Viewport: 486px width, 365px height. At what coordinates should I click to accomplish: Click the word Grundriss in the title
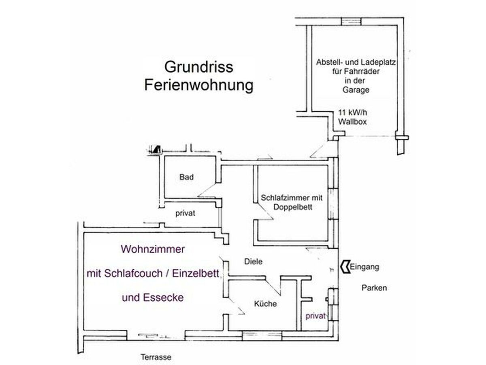tap(199, 67)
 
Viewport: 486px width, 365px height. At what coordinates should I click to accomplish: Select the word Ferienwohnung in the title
tap(199, 86)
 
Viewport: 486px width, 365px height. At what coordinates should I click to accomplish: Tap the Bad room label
tap(187, 177)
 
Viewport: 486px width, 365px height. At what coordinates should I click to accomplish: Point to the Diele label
tap(254, 262)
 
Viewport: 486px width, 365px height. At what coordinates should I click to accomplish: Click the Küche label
tap(266, 304)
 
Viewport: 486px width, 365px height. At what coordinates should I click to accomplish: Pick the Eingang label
tap(364, 267)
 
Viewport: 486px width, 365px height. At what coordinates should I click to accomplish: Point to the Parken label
tap(374, 288)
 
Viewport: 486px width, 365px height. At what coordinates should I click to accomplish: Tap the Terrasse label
tap(156, 358)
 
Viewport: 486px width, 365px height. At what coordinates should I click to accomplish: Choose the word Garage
tap(355, 90)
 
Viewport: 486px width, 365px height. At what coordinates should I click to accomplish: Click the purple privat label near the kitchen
tap(316, 316)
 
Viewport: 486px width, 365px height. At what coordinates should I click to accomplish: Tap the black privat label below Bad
tap(185, 213)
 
